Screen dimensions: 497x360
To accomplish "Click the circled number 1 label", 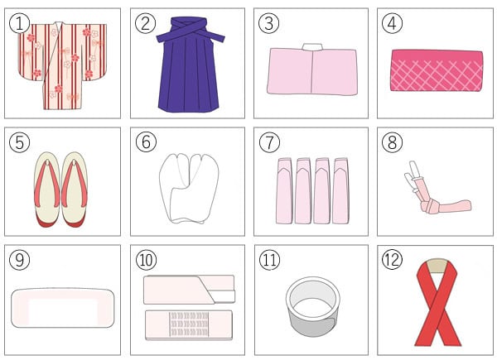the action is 19,24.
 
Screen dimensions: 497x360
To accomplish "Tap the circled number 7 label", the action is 269,142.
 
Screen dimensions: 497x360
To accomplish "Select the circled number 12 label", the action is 392,260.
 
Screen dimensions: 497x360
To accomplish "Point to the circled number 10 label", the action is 146,260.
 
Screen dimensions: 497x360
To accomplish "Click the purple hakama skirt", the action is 189,65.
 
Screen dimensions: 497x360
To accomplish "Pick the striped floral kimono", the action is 62,65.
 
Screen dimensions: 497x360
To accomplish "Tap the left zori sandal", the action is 47,190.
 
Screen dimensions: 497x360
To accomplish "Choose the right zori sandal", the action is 75,190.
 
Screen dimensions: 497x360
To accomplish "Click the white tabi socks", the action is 189,189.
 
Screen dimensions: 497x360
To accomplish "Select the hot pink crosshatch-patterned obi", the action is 437,70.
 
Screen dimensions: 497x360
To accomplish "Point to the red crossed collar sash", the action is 437,303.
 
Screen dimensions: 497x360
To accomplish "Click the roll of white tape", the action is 313,306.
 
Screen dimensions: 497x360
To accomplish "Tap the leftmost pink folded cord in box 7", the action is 284,191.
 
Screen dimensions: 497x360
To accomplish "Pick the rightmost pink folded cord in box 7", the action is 340,191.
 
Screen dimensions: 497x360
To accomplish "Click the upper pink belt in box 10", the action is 189,290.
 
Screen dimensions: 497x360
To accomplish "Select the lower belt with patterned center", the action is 189,325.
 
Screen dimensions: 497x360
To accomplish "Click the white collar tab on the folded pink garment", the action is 312,47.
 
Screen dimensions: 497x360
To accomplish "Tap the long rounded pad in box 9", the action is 62,308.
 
